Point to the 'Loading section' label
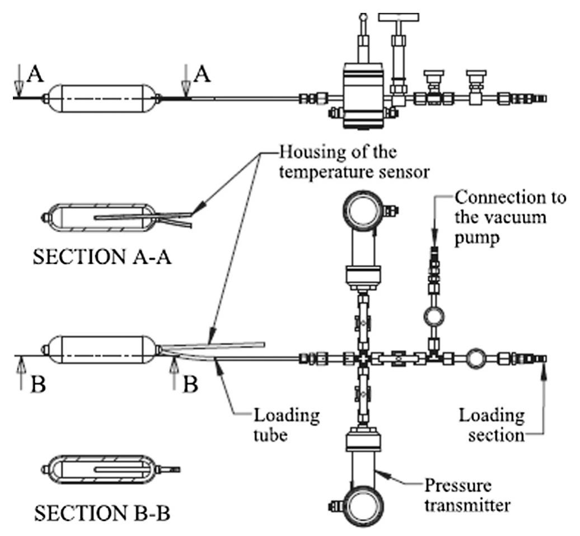[492, 425]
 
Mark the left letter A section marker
[34, 74]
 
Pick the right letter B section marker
[189, 386]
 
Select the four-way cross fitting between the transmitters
[363, 357]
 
